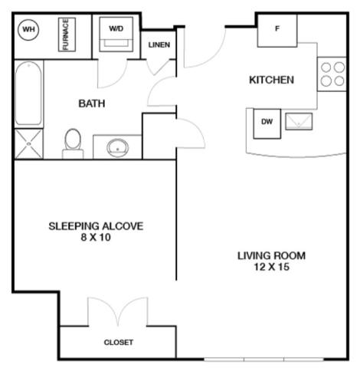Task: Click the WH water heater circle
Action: tap(28, 29)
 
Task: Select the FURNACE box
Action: tap(67, 34)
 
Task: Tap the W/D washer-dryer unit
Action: tap(116, 34)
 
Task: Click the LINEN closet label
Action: tap(159, 45)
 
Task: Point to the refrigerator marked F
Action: tap(277, 31)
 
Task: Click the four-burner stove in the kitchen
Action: tap(332, 74)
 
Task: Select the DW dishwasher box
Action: tap(267, 123)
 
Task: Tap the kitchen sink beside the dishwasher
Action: tap(299, 121)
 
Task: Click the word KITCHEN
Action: tap(271, 80)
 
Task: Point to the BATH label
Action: tap(92, 103)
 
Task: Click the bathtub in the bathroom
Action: tap(28, 94)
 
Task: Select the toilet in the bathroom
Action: tap(73, 143)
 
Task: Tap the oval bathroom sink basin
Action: tap(117, 148)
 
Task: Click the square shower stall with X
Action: tap(28, 144)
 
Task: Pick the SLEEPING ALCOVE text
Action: tap(96, 226)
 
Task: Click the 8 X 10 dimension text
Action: tap(96, 238)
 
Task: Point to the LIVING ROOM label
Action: tap(271, 256)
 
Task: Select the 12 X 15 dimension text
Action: tap(271, 267)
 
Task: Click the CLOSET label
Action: tap(119, 343)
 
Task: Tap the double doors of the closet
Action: tap(118, 312)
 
